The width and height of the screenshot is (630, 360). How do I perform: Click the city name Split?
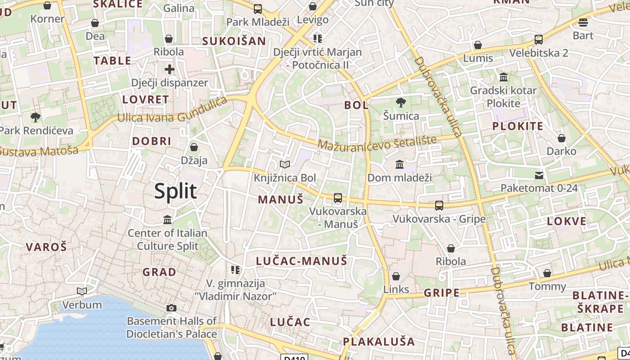pyautogui.click(x=175, y=191)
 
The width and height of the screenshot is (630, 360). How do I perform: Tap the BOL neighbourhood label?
pyautogui.click(x=356, y=105)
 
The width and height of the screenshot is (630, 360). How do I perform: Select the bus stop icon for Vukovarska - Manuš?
pyautogui.click(x=337, y=198)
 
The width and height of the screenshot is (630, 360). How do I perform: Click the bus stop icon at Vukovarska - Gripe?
pyautogui.click(x=439, y=206)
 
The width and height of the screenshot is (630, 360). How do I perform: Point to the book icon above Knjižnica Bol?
pyautogui.click(x=284, y=165)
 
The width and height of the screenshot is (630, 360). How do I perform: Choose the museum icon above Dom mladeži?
pyautogui.click(x=399, y=164)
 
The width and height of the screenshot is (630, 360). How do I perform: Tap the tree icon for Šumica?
pyautogui.click(x=400, y=103)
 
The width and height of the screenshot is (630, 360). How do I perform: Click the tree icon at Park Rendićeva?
pyautogui.click(x=36, y=117)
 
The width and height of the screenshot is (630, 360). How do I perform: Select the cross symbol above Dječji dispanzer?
pyautogui.click(x=169, y=69)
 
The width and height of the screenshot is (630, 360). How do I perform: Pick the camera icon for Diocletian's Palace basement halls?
pyautogui.click(x=171, y=308)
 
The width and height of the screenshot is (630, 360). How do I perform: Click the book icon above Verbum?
pyautogui.click(x=81, y=292)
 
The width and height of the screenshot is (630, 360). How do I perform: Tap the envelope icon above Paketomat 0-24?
pyautogui.click(x=539, y=175)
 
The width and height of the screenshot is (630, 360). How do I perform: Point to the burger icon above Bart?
pyautogui.click(x=583, y=22)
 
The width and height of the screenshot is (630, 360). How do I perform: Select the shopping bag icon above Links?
pyautogui.click(x=396, y=276)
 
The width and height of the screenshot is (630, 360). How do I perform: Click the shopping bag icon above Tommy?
pyautogui.click(x=547, y=273)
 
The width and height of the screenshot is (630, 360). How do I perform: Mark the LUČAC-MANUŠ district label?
pyautogui.click(x=301, y=261)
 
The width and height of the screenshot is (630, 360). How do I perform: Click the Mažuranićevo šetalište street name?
pyautogui.click(x=377, y=143)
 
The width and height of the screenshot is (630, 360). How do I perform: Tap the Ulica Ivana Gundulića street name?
pyautogui.click(x=172, y=112)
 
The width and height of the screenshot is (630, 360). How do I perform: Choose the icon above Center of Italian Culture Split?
pyautogui.click(x=167, y=220)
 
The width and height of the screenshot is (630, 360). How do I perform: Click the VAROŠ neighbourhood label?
pyautogui.click(x=46, y=247)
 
